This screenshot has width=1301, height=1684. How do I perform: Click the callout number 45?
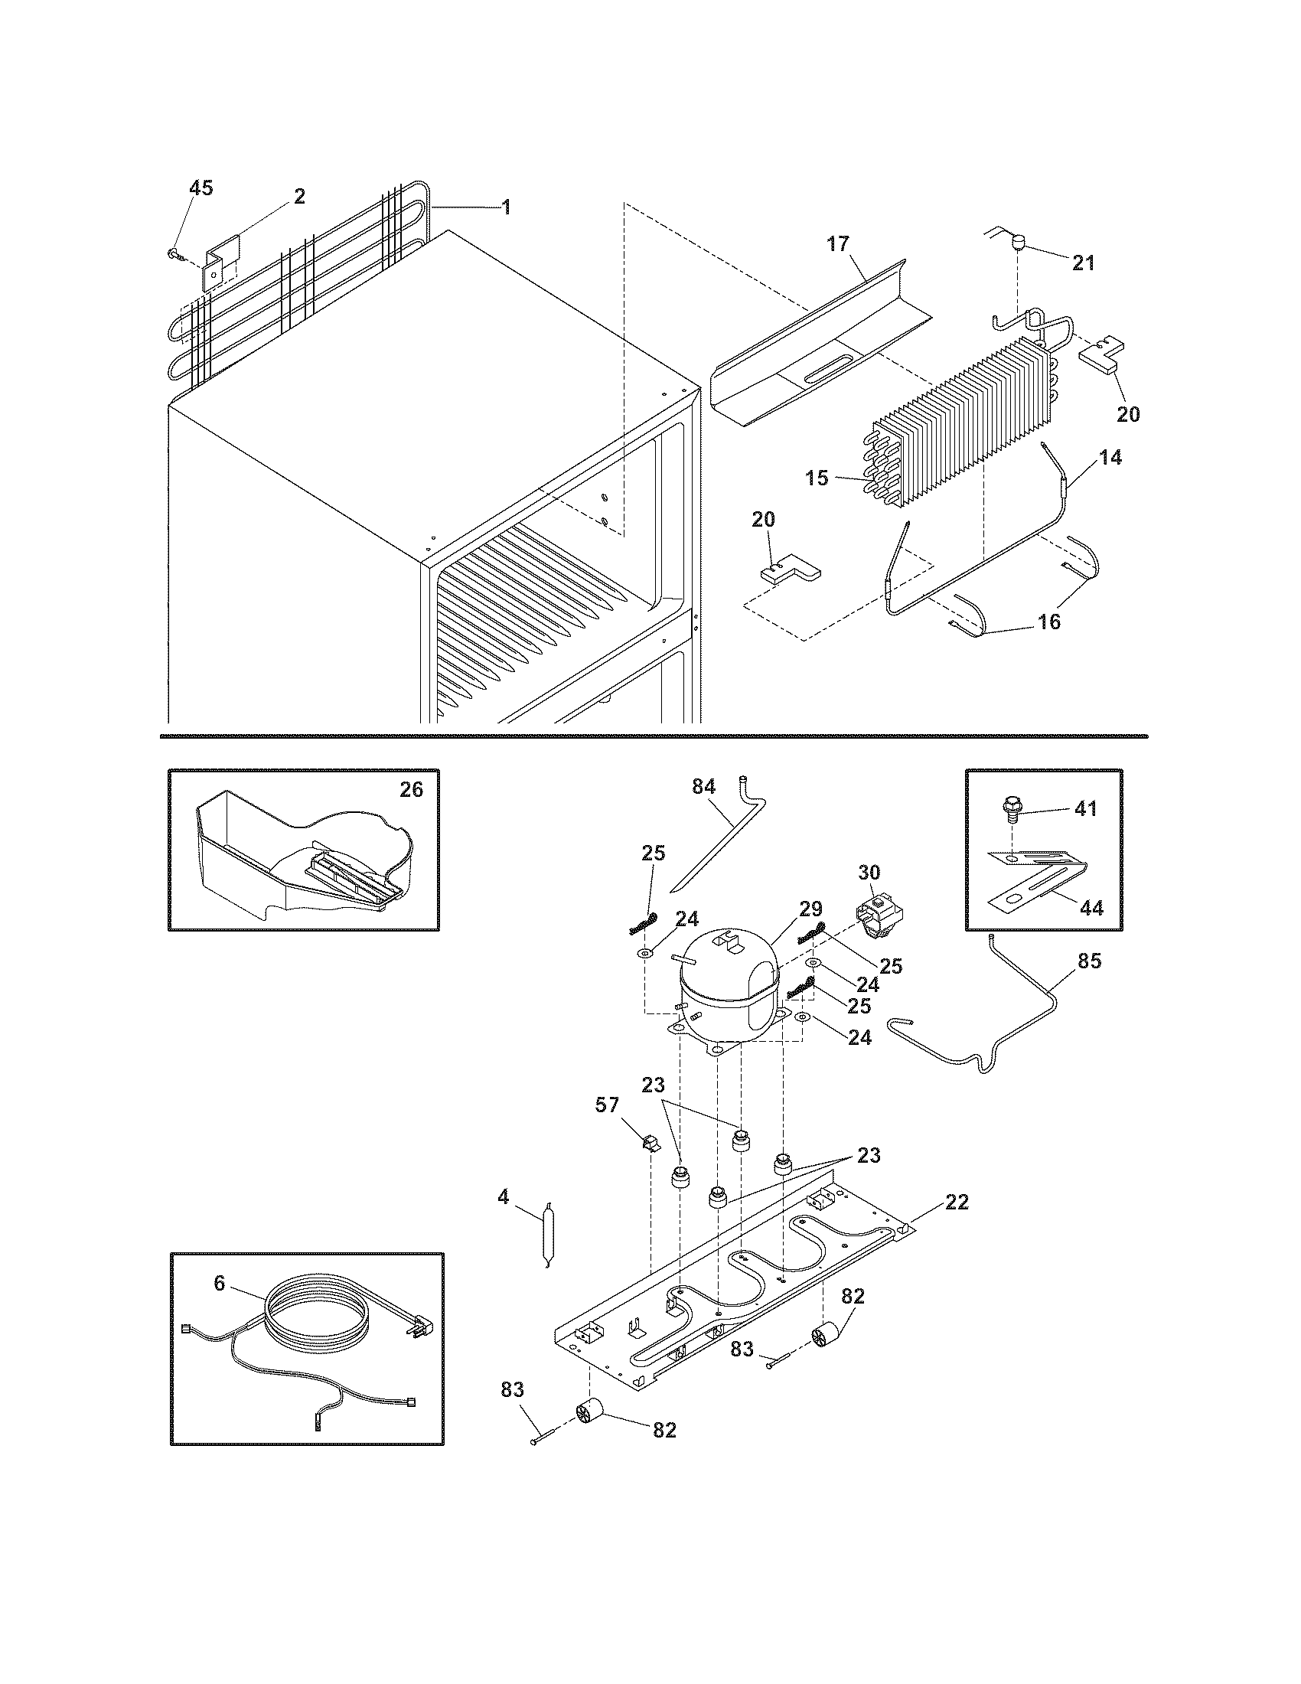point(201,188)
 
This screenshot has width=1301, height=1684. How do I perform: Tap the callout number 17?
point(838,244)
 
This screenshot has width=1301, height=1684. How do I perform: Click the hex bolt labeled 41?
point(1008,809)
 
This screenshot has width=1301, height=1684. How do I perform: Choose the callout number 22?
point(956,1202)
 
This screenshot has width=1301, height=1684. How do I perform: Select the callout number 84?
point(703,786)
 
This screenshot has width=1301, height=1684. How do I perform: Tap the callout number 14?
point(1110,457)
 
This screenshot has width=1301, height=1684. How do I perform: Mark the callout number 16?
point(1049,622)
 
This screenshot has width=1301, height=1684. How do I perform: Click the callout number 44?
point(1091,909)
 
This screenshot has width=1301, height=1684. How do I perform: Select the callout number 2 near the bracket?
point(300,196)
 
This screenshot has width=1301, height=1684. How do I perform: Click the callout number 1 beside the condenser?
point(506,207)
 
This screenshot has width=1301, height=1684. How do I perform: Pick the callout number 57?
point(607,1106)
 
